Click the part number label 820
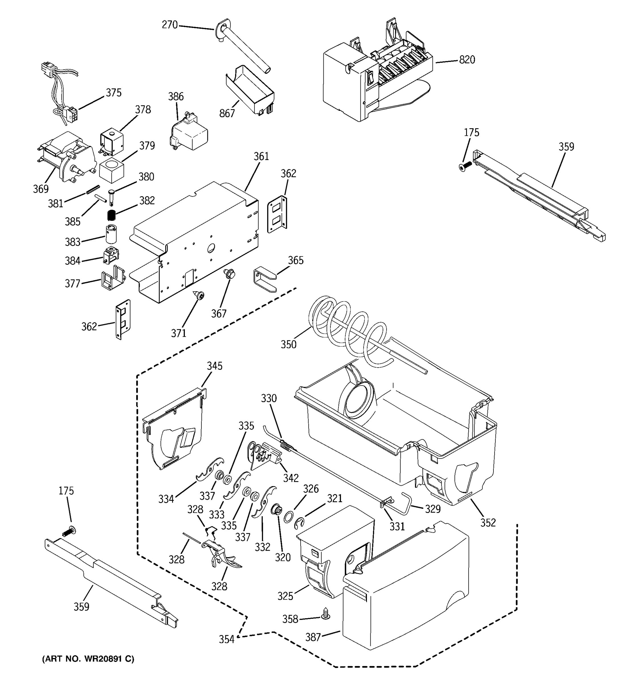(467, 60)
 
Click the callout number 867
(227, 113)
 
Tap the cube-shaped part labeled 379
(111, 171)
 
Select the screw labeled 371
(199, 295)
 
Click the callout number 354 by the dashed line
(226, 639)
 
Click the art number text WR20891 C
(88, 659)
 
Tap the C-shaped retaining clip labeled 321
(299, 524)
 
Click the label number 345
(214, 366)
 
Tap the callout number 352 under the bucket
(488, 523)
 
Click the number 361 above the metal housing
(261, 156)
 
